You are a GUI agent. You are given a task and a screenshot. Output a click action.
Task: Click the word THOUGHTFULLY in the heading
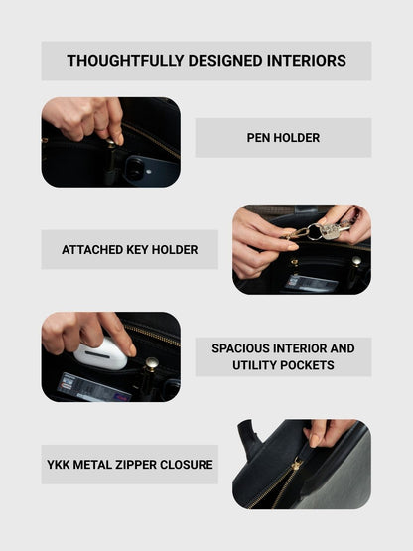click(x=125, y=61)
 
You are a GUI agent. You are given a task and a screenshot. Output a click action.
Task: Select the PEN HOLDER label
click(x=283, y=138)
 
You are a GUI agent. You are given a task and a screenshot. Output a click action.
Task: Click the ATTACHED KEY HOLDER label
click(x=130, y=250)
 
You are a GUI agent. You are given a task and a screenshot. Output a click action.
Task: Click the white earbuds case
click(x=100, y=353)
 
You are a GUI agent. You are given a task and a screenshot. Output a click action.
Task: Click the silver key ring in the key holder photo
click(x=315, y=232)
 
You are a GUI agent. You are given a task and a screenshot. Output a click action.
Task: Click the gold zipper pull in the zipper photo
click(x=296, y=465)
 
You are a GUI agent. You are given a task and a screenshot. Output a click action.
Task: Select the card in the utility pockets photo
click(x=94, y=387)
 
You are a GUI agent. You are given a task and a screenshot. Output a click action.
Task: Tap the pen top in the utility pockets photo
click(x=152, y=364)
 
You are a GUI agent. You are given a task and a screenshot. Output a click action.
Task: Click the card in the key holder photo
click(x=311, y=283)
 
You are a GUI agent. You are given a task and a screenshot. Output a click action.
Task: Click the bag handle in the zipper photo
click(x=250, y=439)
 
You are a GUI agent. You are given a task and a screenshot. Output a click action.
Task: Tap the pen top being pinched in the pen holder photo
click(x=111, y=143)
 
